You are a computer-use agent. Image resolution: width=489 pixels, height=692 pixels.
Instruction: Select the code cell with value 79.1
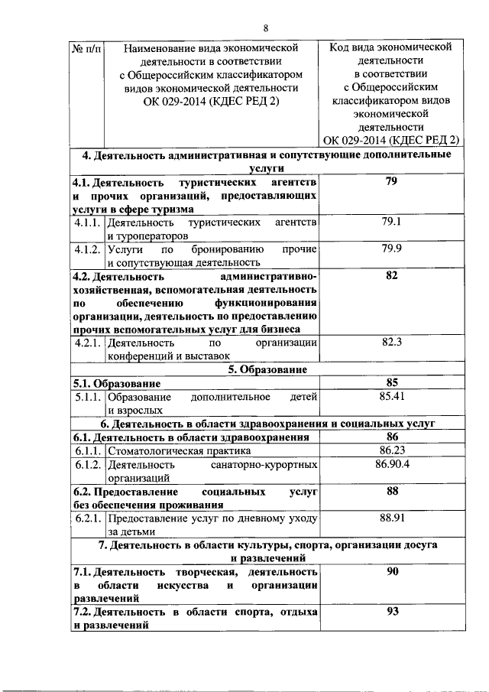(x=392, y=223)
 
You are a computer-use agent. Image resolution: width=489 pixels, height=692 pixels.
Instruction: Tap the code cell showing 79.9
(x=392, y=249)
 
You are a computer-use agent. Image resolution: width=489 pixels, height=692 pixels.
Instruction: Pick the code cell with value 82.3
(x=392, y=343)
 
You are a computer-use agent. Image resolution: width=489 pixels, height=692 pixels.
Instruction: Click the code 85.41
(x=392, y=396)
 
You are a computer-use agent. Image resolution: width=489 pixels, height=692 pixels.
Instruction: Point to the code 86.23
(x=392, y=450)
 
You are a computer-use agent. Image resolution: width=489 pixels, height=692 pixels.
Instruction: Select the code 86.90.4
(x=392, y=464)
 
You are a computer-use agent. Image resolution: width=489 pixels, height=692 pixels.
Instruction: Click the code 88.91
(x=392, y=518)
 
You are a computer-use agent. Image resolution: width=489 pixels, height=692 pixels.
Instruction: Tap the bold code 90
(x=393, y=571)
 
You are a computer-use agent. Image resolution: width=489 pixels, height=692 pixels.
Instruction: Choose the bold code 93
(x=393, y=612)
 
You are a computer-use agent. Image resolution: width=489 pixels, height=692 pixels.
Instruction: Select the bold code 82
(x=393, y=276)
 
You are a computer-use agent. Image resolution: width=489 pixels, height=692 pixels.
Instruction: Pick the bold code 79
(x=393, y=183)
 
